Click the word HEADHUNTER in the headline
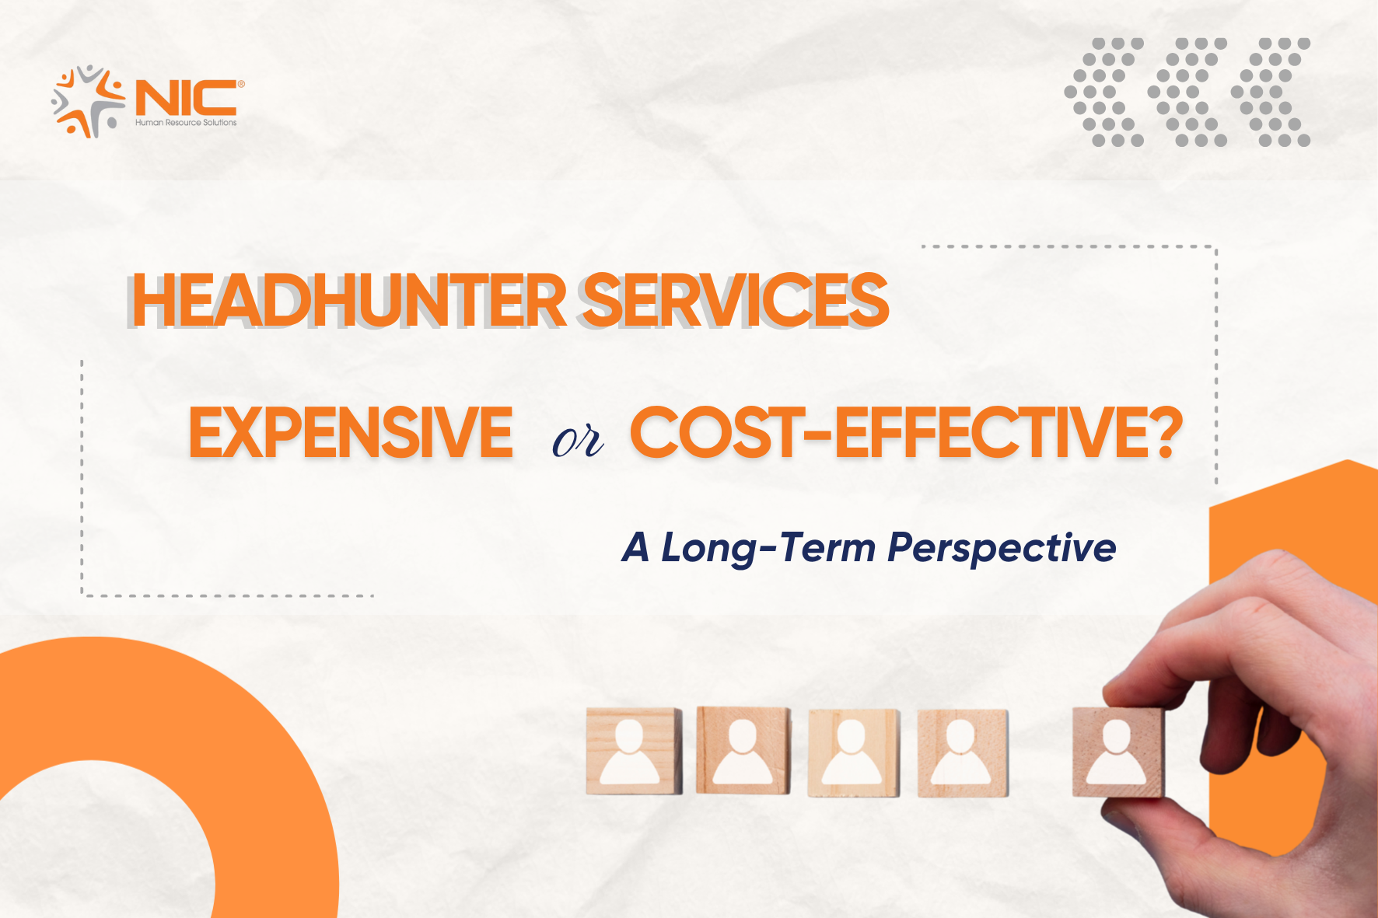(x=349, y=300)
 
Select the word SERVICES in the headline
(x=736, y=300)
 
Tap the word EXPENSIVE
(x=351, y=432)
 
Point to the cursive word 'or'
(x=578, y=441)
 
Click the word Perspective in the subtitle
(x=1002, y=549)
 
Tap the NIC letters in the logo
(x=186, y=98)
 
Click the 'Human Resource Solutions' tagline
(x=186, y=123)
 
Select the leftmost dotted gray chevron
(x=1104, y=92)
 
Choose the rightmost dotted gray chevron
(x=1271, y=92)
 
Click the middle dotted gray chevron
(x=1187, y=92)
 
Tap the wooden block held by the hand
(x=1118, y=752)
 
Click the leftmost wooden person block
(x=634, y=751)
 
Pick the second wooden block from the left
(x=743, y=750)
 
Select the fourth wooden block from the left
(x=963, y=752)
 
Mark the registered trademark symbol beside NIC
(x=241, y=84)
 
